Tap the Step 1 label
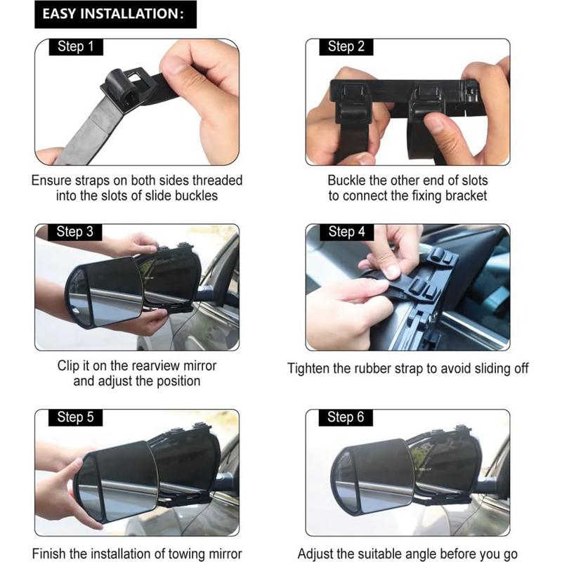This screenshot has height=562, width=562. pyautogui.click(x=75, y=47)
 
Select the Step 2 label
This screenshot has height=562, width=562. pyautogui.click(x=346, y=47)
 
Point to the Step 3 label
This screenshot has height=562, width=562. pyautogui.click(x=75, y=232)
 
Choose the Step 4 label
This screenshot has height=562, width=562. pyautogui.click(x=346, y=232)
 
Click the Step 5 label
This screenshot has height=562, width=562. pyautogui.click(x=75, y=417)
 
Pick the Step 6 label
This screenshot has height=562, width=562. pyautogui.click(x=346, y=417)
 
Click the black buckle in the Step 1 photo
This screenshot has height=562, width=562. pyautogui.click(x=126, y=89)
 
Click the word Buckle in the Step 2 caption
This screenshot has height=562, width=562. pyautogui.click(x=346, y=181)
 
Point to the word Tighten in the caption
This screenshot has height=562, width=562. pyautogui.click(x=310, y=368)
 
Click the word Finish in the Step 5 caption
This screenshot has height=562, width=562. pyautogui.click(x=49, y=554)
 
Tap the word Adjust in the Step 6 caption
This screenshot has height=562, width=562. pyautogui.click(x=316, y=554)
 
